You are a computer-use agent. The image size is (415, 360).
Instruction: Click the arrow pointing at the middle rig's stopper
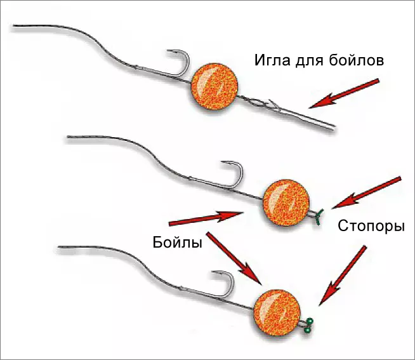click(367, 191)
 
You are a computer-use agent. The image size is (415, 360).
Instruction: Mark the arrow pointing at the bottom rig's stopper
click(343, 274)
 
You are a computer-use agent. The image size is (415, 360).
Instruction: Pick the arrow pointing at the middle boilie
click(206, 218)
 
